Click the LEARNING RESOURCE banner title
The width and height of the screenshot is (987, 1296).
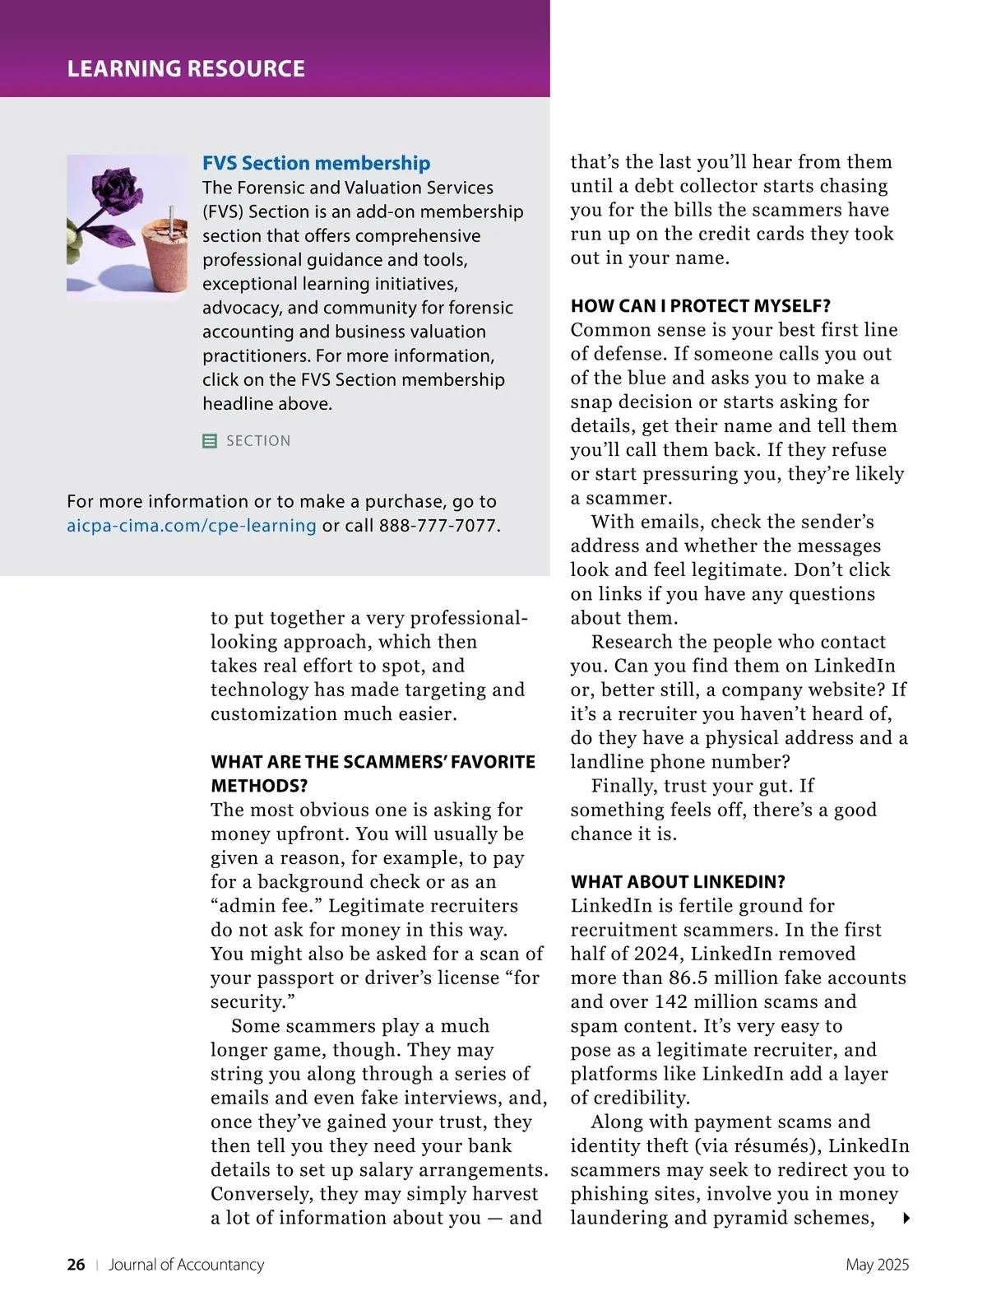[186, 68]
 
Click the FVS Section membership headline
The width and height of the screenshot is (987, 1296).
[317, 163]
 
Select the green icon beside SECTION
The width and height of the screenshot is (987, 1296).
[210, 441]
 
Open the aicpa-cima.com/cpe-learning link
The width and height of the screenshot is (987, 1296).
[192, 526]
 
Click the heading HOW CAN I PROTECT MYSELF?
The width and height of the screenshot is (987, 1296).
[701, 306]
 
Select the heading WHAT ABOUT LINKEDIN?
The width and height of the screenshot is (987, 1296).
[678, 882]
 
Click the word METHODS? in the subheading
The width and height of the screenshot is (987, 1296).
[259, 786]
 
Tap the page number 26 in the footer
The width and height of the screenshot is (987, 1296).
[76, 1265]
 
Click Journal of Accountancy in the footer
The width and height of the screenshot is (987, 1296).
[187, 1265]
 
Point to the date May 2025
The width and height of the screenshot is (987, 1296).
[877, 1265]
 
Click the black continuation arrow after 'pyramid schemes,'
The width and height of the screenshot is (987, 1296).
[906, 1219]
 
